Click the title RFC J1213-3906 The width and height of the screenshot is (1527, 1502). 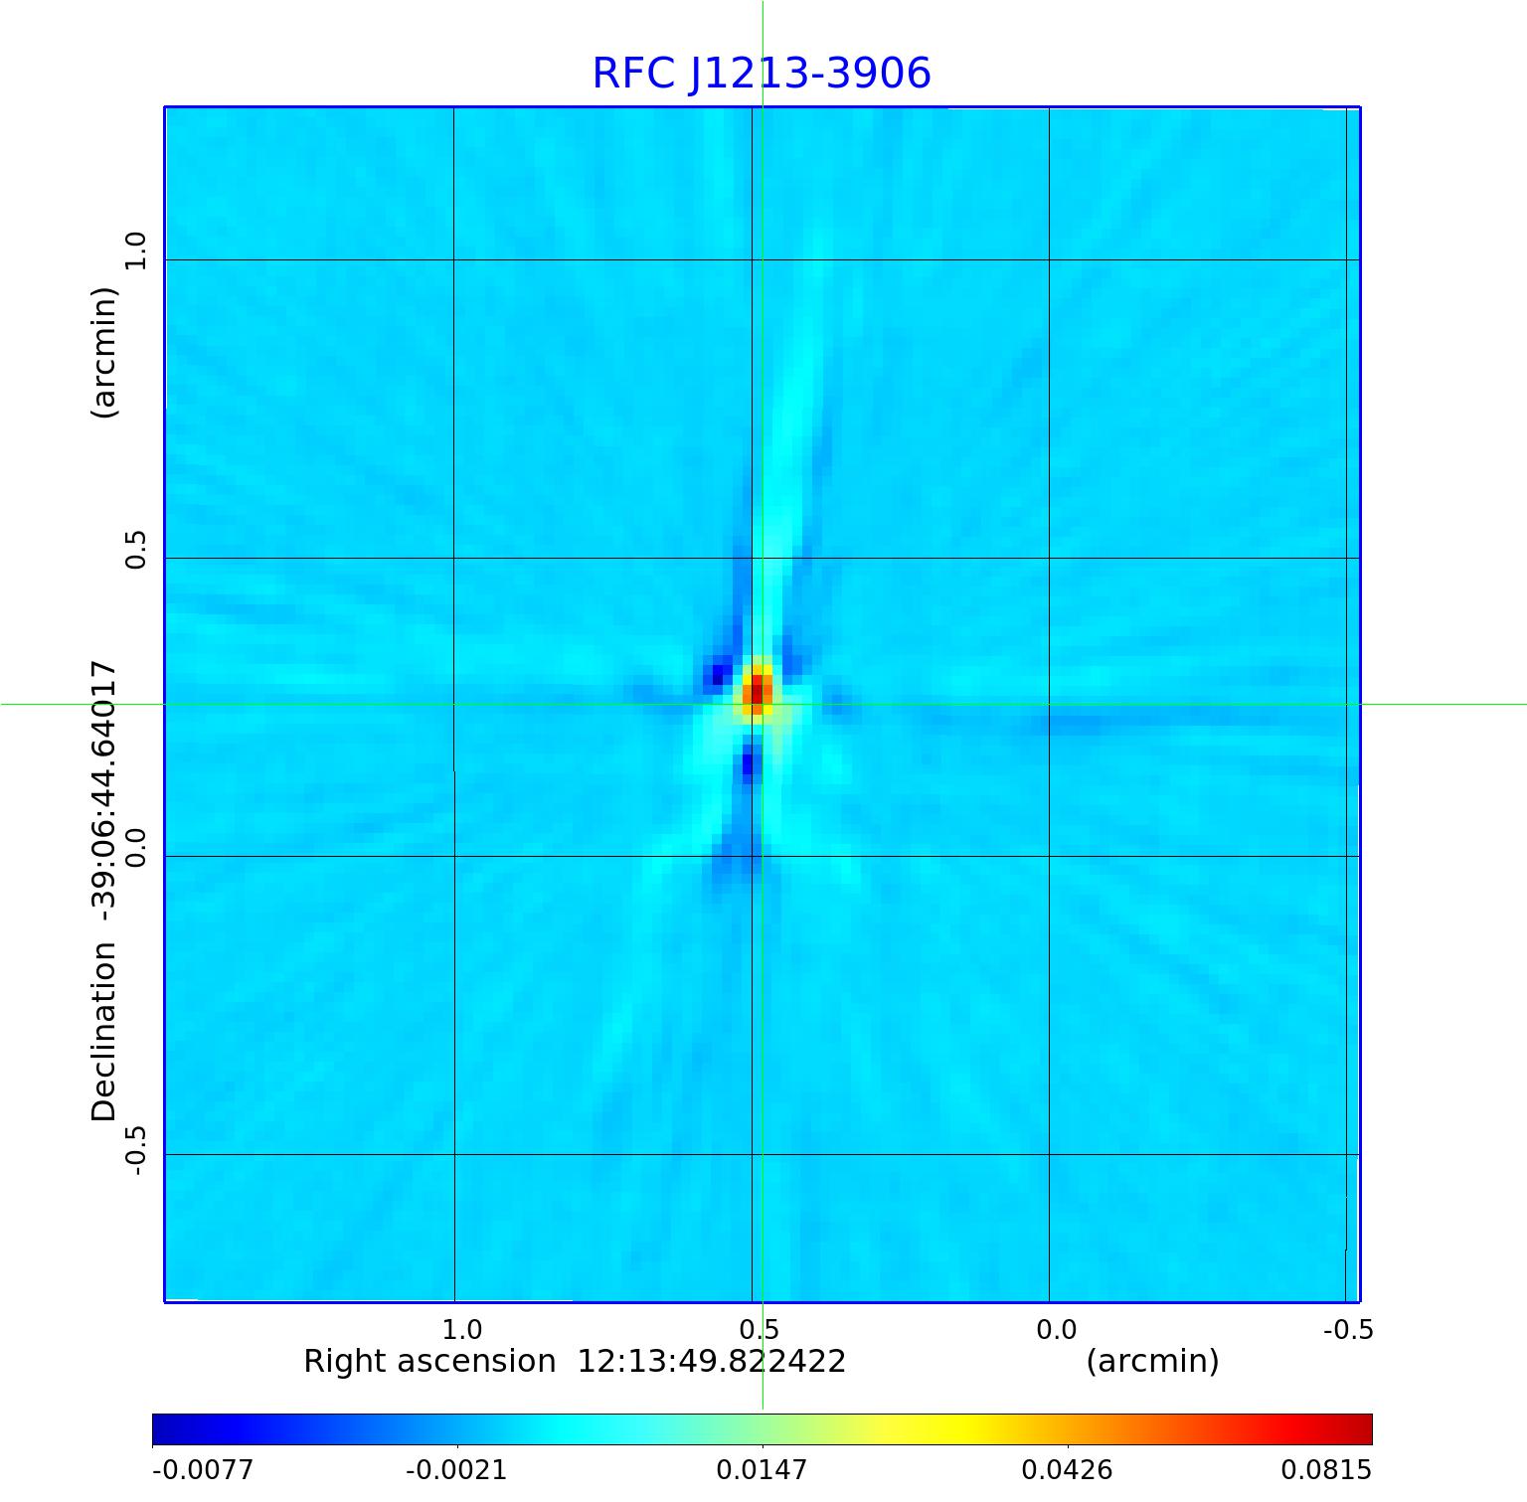[762, 74]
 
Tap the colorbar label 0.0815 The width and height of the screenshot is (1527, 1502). [1325, 1469]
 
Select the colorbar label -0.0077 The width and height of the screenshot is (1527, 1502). [203, 1469]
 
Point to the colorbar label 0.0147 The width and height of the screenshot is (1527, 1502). [763, 1469]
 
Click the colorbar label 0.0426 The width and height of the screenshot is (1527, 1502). [1067, 1469]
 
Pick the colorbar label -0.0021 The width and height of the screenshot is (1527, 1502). [456, 1469]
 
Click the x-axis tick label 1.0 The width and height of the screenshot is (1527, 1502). [461, 1329]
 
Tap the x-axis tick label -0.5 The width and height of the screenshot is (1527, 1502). [1348, 1329]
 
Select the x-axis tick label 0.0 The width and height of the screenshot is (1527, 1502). [1056, 1329]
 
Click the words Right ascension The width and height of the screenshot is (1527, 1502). [429, 1361]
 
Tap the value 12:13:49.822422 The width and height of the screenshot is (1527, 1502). [712, 1361]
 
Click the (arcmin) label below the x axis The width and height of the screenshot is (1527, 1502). [1152, 1361]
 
